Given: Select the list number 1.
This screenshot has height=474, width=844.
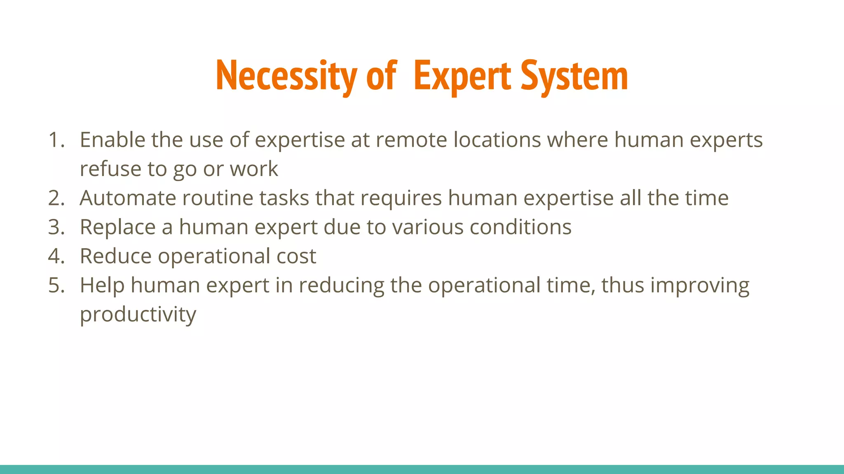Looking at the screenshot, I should pos(56,140).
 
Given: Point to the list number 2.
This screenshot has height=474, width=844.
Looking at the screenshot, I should pos(56,198).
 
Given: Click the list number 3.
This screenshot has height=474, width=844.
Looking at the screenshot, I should pos(56,227).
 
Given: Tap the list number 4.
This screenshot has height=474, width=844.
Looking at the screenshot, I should pos(56,256).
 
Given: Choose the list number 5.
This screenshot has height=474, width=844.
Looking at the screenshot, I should pos(56,285).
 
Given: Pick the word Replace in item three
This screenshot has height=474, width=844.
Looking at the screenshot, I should pos(117,227).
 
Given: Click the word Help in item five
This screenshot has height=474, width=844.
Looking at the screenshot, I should pos(102,285).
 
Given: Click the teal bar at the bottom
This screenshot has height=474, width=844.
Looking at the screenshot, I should pos(422,469).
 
